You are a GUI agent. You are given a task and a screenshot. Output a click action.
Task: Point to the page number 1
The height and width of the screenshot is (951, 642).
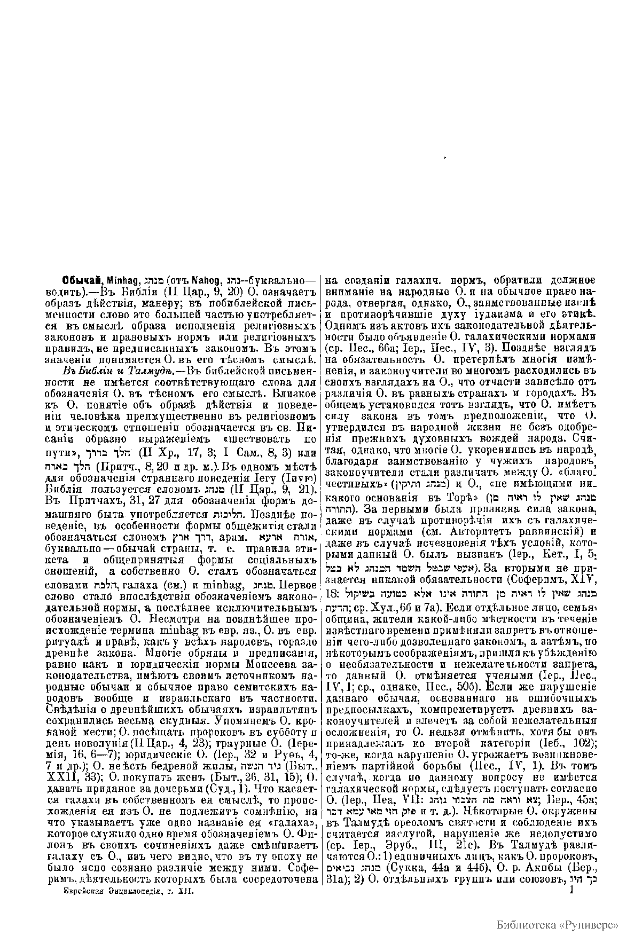click(572, 890)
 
